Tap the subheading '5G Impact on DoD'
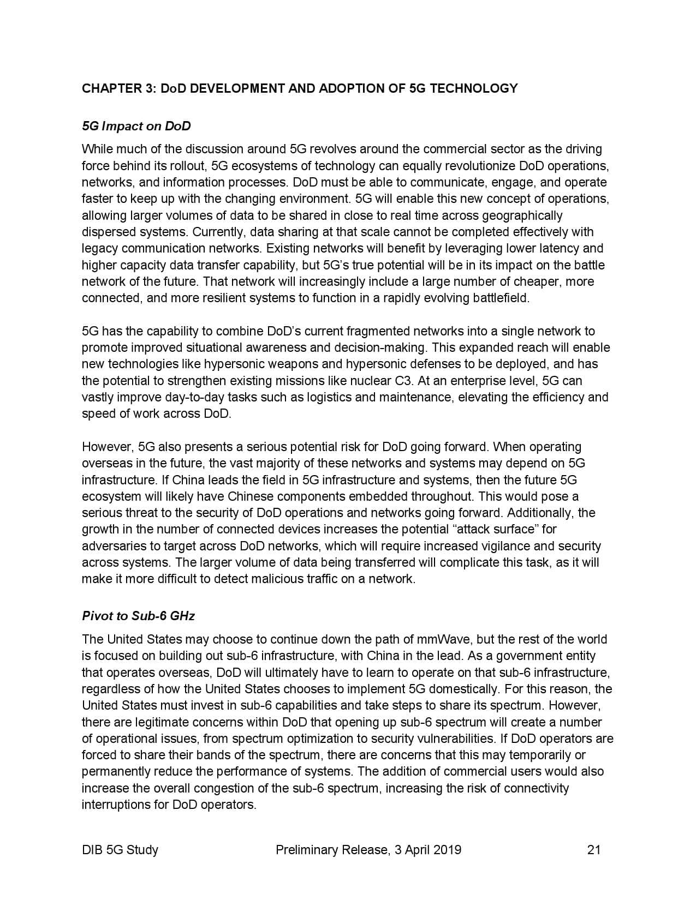coord(136,126)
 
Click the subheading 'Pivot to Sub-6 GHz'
coord(138,616)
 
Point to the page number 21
coord(594,849)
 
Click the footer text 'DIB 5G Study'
coord(120,849)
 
